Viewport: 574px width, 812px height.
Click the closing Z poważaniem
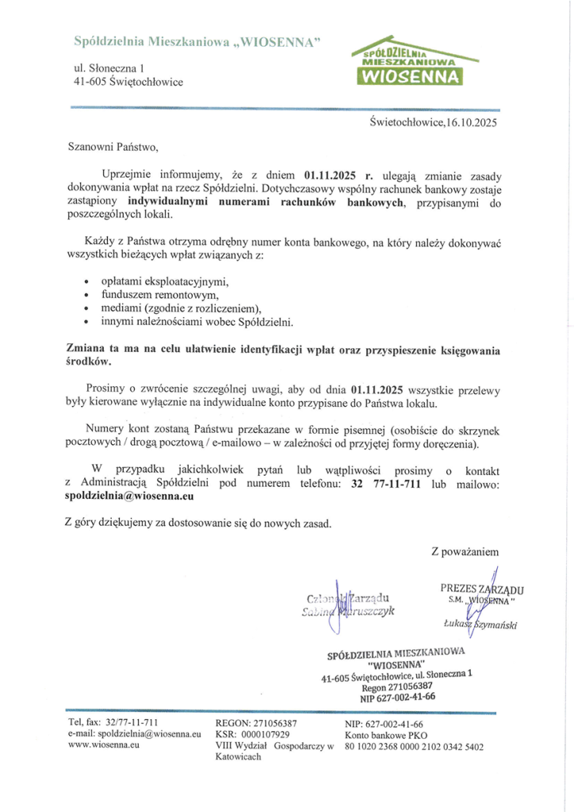(x=465, y=550)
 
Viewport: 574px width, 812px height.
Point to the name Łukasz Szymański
(x=480, y=625)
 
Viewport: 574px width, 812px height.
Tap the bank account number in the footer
(x=414, y=746)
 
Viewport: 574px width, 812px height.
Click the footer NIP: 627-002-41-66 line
(x=384, y=724)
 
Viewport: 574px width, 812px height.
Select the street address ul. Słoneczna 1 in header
(x=103, y=68)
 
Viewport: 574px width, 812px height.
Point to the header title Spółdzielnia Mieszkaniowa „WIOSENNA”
(x=197, y=40)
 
